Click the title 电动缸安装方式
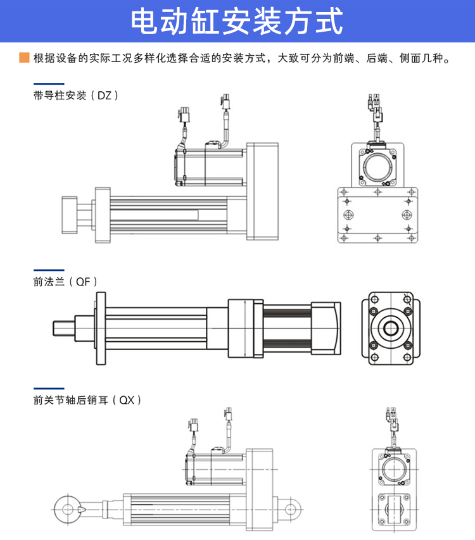coord(237,22)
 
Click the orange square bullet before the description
coord(24,58)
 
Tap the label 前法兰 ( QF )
coord(66,282)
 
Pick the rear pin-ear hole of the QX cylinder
coord(291,508)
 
